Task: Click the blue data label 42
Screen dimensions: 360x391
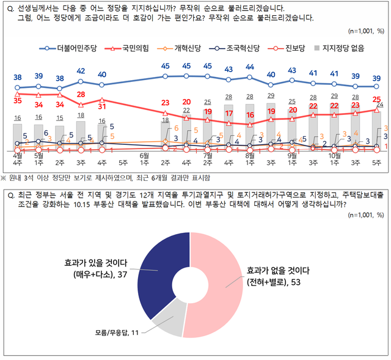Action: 81,72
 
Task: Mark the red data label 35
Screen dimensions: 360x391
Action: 18,100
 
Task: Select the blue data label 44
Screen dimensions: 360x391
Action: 250,67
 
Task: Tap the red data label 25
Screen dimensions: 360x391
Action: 376,99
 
